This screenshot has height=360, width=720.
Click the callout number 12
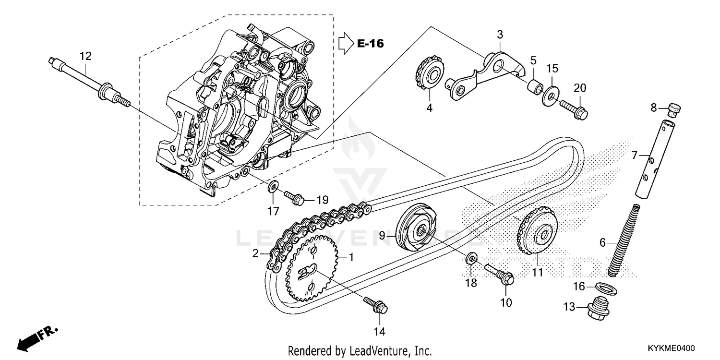click(85, 56)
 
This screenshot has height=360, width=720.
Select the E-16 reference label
click(370, 43)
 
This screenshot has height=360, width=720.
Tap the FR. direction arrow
click(36, 338)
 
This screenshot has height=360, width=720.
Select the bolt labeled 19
click(292, 196)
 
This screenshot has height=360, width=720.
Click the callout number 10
click(506, 302)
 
